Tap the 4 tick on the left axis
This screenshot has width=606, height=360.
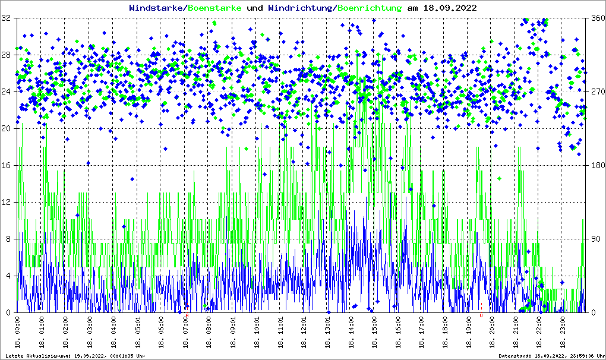pyautogui.click(x=8, y=276)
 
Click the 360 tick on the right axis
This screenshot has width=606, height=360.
pyautogui.click(x=596, y=18)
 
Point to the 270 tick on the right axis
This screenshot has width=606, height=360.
pyautogui.click(x=596, y=92)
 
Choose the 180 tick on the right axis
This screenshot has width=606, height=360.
pyautogui.click(x=596, y=166)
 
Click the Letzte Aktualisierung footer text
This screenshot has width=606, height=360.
pyautogui.click(x=74, y=356)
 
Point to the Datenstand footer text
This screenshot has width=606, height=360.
pyautogui.click(x=552, y=356)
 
